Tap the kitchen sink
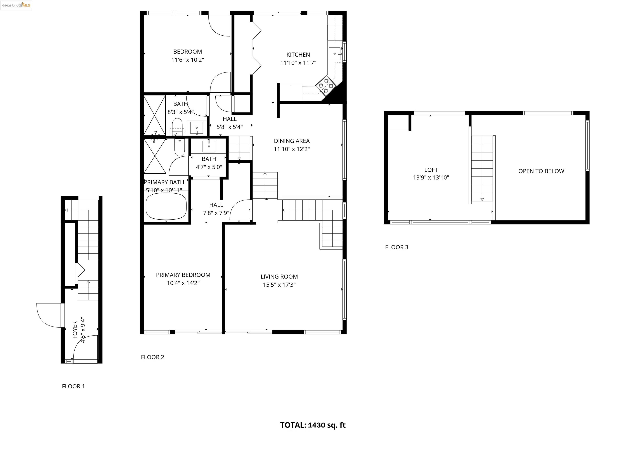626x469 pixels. [x=335, y=54]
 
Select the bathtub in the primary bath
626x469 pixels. [x=166, y=206]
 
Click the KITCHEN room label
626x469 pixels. [x=298, y=55]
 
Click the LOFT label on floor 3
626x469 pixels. [x=431, y=170]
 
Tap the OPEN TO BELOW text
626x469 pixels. [x=541, y=171]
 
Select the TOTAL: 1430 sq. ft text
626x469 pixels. [x=313, y=425]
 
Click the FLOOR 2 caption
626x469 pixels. [x=152, y=357]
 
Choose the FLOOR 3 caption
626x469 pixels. [x=397, y=247]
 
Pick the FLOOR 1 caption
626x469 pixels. [x=73, y=386]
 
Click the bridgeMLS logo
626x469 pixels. [x=16, y=5]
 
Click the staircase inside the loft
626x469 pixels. [x=482, y=169]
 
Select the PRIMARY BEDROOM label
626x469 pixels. [x=183, y=275]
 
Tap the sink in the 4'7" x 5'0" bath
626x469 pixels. [x=209, y=146]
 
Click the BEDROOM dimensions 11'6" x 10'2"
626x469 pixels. [x=187, y=60]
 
